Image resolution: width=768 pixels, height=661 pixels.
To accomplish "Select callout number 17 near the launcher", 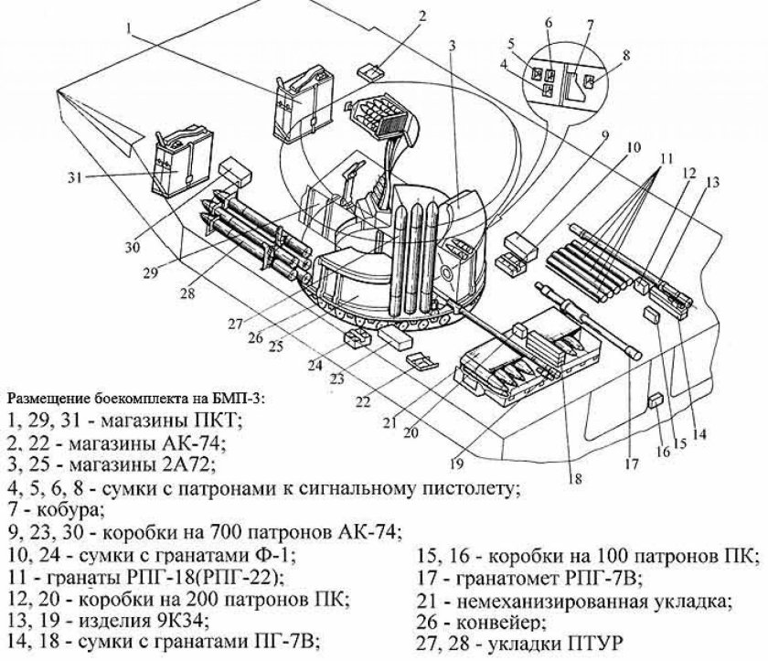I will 631,464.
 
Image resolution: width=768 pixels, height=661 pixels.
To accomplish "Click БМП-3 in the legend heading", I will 235,400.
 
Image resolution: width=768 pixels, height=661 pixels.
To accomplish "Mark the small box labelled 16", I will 655,400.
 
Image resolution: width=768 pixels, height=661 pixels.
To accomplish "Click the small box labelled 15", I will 652,314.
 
